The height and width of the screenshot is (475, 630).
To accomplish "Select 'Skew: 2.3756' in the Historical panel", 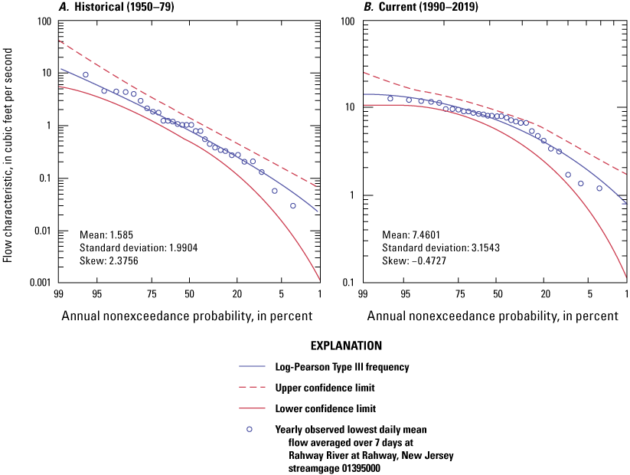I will pos(106,260).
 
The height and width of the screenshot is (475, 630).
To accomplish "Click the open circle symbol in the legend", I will pos(249,429).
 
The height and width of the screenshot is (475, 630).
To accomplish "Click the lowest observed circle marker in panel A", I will pos(292,205).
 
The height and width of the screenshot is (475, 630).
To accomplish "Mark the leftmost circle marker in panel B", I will pos(390,98).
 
